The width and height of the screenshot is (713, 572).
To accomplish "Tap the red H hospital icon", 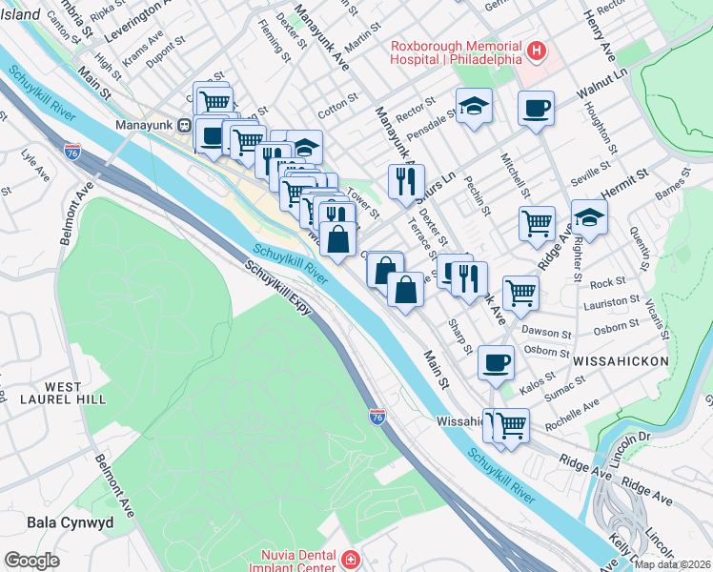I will point(537,50).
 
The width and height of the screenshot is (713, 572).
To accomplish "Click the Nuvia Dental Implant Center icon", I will point(351,558).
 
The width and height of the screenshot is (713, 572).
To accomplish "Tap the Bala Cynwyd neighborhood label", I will point(71,522).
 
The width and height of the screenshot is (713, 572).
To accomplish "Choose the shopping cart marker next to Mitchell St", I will point(537,222).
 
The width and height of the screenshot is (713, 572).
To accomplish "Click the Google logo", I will point(31,561).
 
